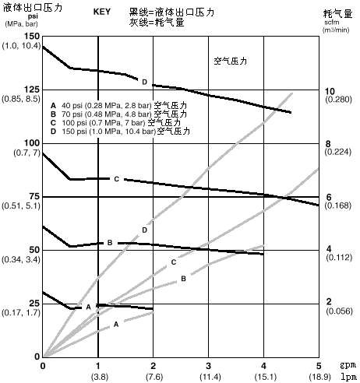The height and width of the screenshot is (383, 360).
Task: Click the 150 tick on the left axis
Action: (31, 37)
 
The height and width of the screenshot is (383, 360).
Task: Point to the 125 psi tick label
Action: (31, 90)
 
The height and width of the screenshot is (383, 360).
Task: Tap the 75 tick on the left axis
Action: (33, 196)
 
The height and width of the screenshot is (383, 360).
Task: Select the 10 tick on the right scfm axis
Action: (330, 91)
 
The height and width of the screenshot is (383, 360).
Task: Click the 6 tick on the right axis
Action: (329, 197)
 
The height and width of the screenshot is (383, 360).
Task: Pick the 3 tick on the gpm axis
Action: (208, 366)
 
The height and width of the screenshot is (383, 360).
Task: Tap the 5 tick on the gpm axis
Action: (319, 366)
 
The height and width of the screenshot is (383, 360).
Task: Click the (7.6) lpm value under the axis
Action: (154, 377)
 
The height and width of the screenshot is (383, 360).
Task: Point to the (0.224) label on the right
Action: (338, 152)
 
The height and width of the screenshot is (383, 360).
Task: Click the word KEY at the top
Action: (102, 12)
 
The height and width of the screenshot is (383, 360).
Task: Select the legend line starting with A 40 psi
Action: (118, 105)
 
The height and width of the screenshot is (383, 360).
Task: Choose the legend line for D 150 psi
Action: (120, 131)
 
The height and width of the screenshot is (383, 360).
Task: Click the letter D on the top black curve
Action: (145, 82)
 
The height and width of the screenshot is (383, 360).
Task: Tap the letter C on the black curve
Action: (117, 179)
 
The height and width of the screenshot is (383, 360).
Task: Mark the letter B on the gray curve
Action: (183, 279)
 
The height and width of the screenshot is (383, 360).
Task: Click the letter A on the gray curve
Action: (116, 324)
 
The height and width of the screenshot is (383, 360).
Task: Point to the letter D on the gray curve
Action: (145, 230)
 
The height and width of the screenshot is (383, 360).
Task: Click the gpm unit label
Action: (348, 365)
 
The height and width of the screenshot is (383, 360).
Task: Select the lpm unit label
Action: (348, 377)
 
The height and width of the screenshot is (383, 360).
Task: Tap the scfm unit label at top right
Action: (332, 23)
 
